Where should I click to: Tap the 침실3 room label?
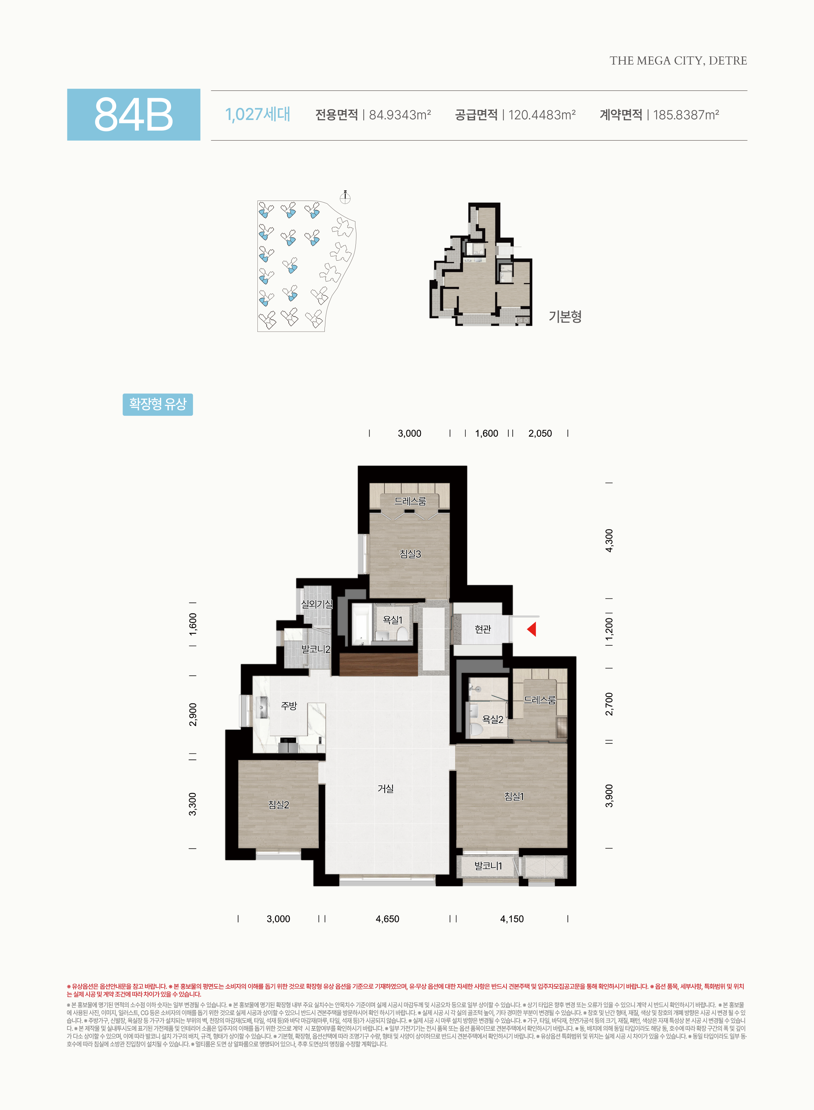[410, 554]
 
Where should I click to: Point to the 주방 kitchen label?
[289, 706]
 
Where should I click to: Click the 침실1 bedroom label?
[514, 796]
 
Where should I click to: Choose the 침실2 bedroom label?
[278, 805]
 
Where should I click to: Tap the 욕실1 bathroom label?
[393, 620]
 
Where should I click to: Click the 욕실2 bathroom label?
[493, 720]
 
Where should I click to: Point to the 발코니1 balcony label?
[488, 866]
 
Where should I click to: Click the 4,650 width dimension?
[387, 919]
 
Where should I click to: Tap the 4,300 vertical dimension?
[609, 541]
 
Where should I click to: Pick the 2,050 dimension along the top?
[540, 433]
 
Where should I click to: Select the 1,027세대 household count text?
[258, 114]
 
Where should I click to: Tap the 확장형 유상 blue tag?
[158, 404]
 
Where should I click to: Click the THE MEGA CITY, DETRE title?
[678, 61]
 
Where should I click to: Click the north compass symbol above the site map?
[345, 197]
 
